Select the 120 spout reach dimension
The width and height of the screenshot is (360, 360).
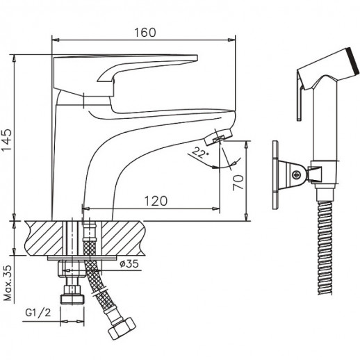pos(156,200)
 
